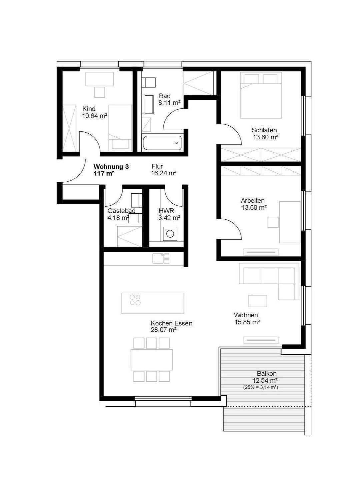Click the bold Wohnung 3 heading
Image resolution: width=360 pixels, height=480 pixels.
(111, 167)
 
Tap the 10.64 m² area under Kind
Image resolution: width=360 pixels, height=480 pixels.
(94, 116)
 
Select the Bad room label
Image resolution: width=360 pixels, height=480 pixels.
(165, 96)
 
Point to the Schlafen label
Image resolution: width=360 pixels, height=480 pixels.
(264, 130)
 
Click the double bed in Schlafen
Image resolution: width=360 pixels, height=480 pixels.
(261, 95)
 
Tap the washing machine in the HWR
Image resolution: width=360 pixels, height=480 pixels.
(170, 234)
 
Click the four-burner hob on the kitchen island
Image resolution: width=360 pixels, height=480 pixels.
(135, 300)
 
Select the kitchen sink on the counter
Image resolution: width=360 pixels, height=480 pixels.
(161, 259)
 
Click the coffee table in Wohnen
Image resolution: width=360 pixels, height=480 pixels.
(257, 301)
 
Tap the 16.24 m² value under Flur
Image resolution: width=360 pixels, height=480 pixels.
(164, 173)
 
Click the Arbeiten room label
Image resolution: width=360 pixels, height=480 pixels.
(253, 200)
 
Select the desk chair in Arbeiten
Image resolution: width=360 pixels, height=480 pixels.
(273, 222)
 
